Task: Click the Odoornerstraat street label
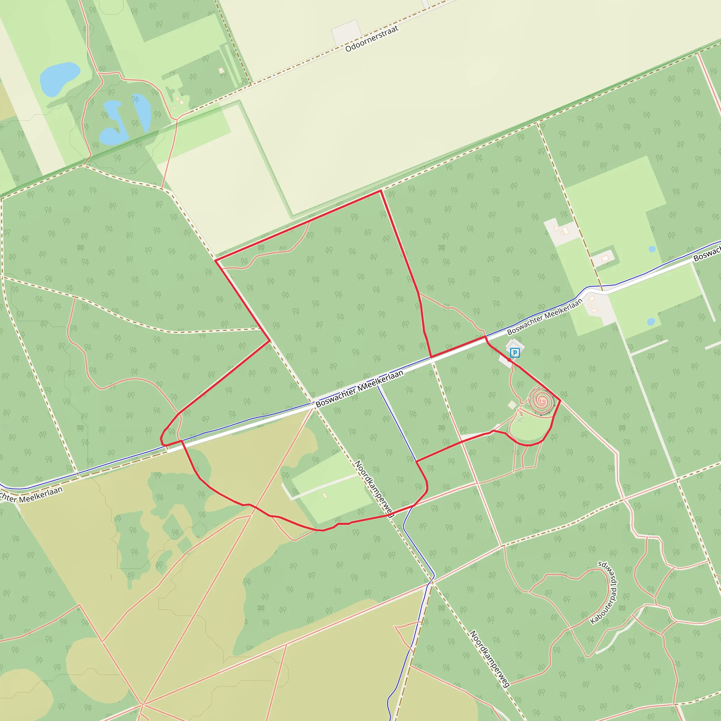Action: pos(372,39)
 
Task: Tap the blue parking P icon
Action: pos(515,352)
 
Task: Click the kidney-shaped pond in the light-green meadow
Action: pos(60,79)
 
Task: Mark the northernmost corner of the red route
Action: pos(380,191)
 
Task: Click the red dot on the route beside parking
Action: pos(509,361)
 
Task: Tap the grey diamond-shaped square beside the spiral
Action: pos(512,405)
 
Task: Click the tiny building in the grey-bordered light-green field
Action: pos(324,495)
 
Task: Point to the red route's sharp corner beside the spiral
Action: pos(560,400)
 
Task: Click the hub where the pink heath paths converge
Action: pos(143,704)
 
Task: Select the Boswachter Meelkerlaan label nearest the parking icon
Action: pos(545,316)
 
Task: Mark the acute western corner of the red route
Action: pos(215,261)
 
